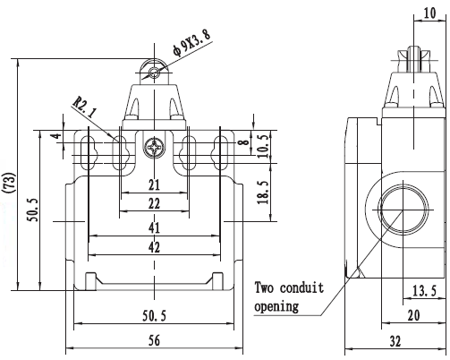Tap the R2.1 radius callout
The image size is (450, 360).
(85, 107)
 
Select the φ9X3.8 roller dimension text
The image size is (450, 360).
(191, 42)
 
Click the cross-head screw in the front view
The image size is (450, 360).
(154, 148)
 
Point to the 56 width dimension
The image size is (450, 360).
(154, 340)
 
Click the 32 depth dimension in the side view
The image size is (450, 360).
(395, 341)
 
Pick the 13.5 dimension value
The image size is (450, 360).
(424, 290)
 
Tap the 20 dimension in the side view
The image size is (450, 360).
(413, 315)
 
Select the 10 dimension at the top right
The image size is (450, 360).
(429, 13)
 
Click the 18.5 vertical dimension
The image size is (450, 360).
(264, 193)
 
